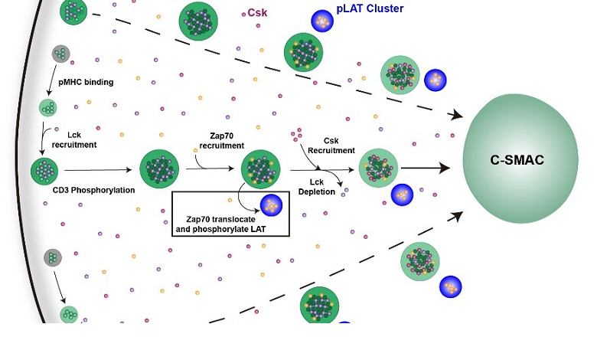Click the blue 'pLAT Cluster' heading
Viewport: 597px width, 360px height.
[370, 9]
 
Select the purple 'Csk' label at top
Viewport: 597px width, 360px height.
[257, 12]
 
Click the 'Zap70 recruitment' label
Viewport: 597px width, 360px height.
[221, 139]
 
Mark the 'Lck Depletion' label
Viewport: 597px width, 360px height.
[322, 186]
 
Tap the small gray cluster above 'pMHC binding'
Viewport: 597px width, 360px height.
[60, 54]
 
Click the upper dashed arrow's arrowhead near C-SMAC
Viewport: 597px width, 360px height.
[458, 116]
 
